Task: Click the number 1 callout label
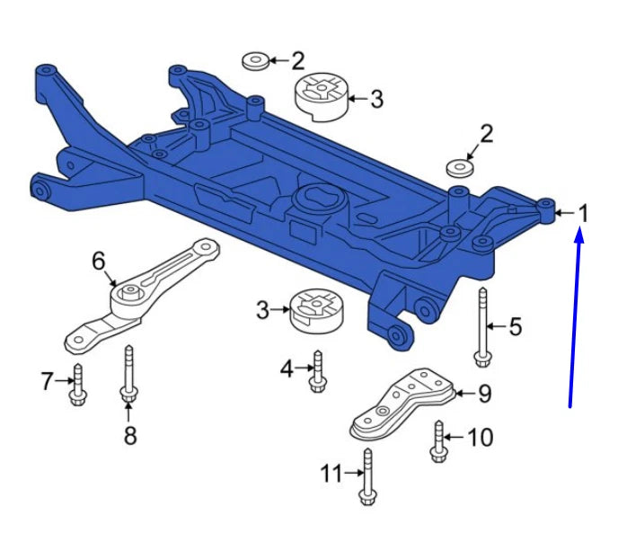(583, 214)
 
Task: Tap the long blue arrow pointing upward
(575, 315)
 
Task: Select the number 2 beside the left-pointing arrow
(297, 61)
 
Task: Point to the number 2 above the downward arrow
(486, 135)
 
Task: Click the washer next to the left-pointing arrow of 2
(254, 61)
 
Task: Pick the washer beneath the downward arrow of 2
(460, 168)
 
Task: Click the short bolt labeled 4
(316, 372)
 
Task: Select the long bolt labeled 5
(482, 328)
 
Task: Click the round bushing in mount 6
(129, 295)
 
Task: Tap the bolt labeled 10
(438, 440)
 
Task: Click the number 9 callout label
(484, 393)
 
